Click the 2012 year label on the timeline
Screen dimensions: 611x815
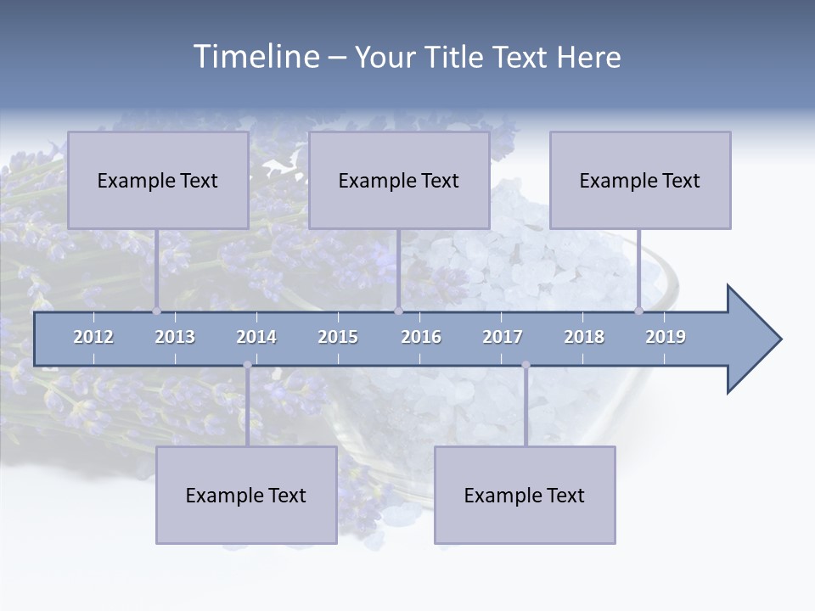[93, 337]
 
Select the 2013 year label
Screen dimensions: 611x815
[175, 337]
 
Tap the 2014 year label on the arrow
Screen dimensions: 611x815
[256, 337]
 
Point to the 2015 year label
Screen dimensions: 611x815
[338, 337]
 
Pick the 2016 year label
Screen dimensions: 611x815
[421, 337]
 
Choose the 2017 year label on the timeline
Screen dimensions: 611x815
[503, 337]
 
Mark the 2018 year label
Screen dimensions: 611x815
[584, 337]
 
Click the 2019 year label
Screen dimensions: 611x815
[666, 337]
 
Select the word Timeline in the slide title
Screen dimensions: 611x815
[255, 57]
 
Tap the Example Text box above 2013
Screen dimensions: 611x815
[158, 180]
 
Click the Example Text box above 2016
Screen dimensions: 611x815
[399, 180]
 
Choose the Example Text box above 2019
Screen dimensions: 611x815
[640, 180]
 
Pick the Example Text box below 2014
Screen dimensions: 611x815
[246, 495]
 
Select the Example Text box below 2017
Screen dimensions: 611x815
[525, 495]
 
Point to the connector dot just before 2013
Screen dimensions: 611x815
[156, 311]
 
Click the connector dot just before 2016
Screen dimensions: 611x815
[398, 311]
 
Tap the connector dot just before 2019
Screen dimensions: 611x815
[638, 311]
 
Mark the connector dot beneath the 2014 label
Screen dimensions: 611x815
[247, 365]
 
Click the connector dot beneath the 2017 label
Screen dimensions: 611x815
[526, 365]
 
